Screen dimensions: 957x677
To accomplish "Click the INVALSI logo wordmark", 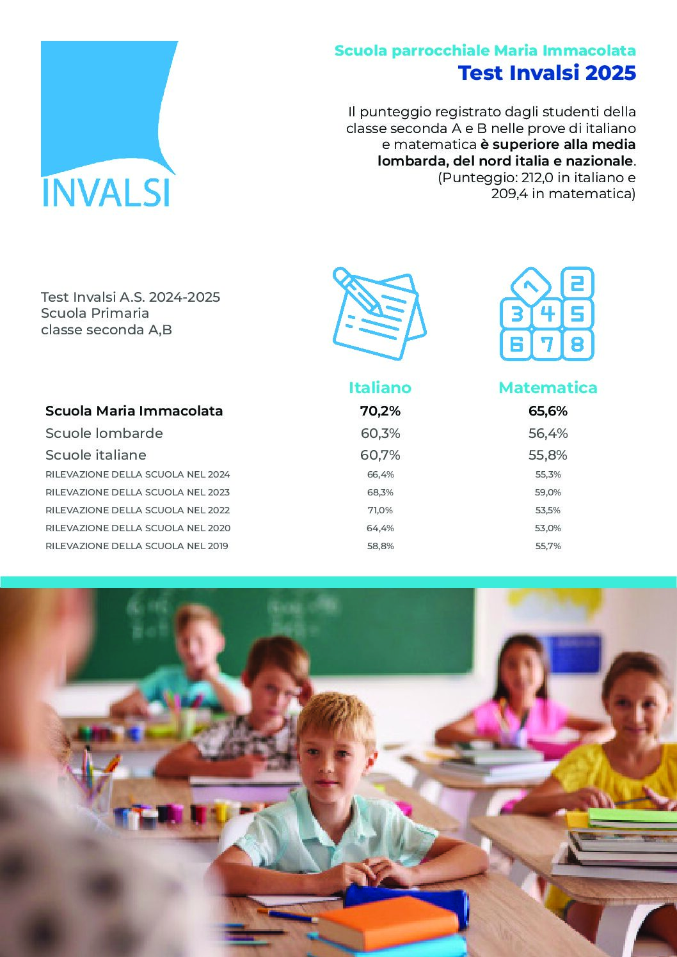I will [x=106, y=192].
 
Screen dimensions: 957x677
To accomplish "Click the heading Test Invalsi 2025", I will [x=547, y=73].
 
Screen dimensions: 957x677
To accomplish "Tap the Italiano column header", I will [x=379, y=387].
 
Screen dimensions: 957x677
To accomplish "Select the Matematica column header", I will [x=548, y=387].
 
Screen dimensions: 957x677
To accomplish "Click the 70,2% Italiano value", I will [x=380, y=411].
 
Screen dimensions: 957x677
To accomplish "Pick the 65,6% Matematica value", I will [x=548, y=411].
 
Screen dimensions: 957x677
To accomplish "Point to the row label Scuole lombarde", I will [x=104, y=433].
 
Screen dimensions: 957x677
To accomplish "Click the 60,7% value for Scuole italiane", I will [x=380, y=455].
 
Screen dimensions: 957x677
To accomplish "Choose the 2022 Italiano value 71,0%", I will [x=380, y=510].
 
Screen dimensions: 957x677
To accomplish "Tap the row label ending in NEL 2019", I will [x=137, y=546].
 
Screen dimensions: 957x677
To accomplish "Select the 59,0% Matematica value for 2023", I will [x=548, y=492].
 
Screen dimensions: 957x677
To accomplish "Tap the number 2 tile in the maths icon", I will [x=577, y=283].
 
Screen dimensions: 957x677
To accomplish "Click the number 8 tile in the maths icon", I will [x=577, y=345].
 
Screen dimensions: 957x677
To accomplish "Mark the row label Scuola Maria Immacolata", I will [x=134, y=411].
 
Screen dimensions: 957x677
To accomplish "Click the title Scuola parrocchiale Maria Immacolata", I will [x=485, y=51].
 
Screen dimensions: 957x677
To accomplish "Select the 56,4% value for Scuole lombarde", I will [x=548, y=433].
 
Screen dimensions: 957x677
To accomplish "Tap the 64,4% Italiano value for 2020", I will [x=380, y=528].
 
